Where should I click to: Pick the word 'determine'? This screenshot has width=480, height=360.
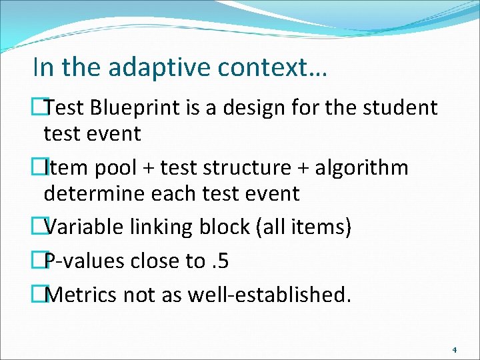coord(95,194)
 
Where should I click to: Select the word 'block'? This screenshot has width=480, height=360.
coord(227,227)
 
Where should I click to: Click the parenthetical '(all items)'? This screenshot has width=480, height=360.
coord(303,227)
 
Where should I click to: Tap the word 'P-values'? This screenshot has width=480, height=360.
coord(85,261)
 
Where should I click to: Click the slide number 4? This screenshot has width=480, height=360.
coord(454,349)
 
